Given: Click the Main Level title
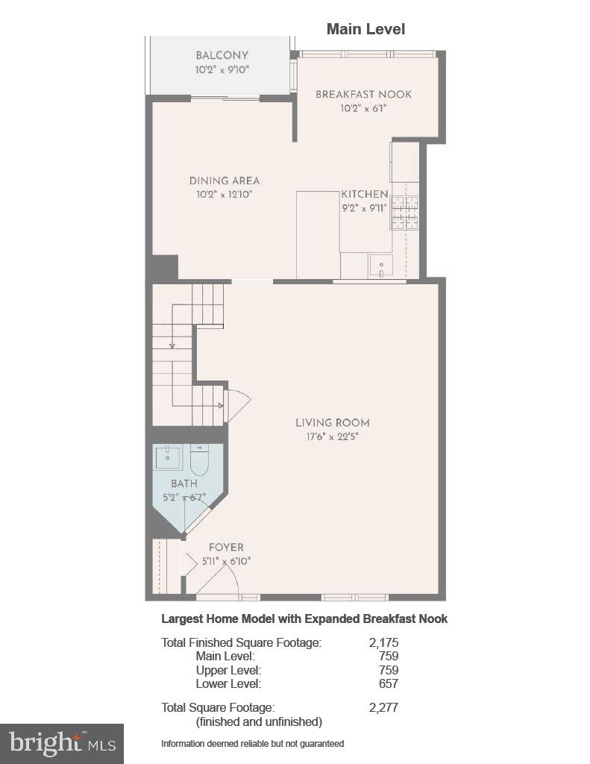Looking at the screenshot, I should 365,29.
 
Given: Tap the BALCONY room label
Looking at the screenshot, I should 222,56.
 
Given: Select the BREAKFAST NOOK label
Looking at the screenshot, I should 363,95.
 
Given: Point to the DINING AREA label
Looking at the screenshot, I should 224,181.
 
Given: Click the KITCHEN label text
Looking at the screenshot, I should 365,194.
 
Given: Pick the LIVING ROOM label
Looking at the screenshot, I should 332,423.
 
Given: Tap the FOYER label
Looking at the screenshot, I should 225,548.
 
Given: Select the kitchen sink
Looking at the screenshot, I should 380,265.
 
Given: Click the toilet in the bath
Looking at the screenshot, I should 199,461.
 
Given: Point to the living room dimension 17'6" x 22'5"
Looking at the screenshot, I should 332,437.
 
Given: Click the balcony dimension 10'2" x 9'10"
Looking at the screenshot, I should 222,69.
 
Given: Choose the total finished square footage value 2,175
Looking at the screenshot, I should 383,642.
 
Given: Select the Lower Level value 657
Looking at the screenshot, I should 388,683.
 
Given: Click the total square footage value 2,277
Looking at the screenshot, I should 383,707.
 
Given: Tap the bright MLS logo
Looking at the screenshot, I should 62,743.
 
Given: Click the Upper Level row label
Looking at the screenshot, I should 228,670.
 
